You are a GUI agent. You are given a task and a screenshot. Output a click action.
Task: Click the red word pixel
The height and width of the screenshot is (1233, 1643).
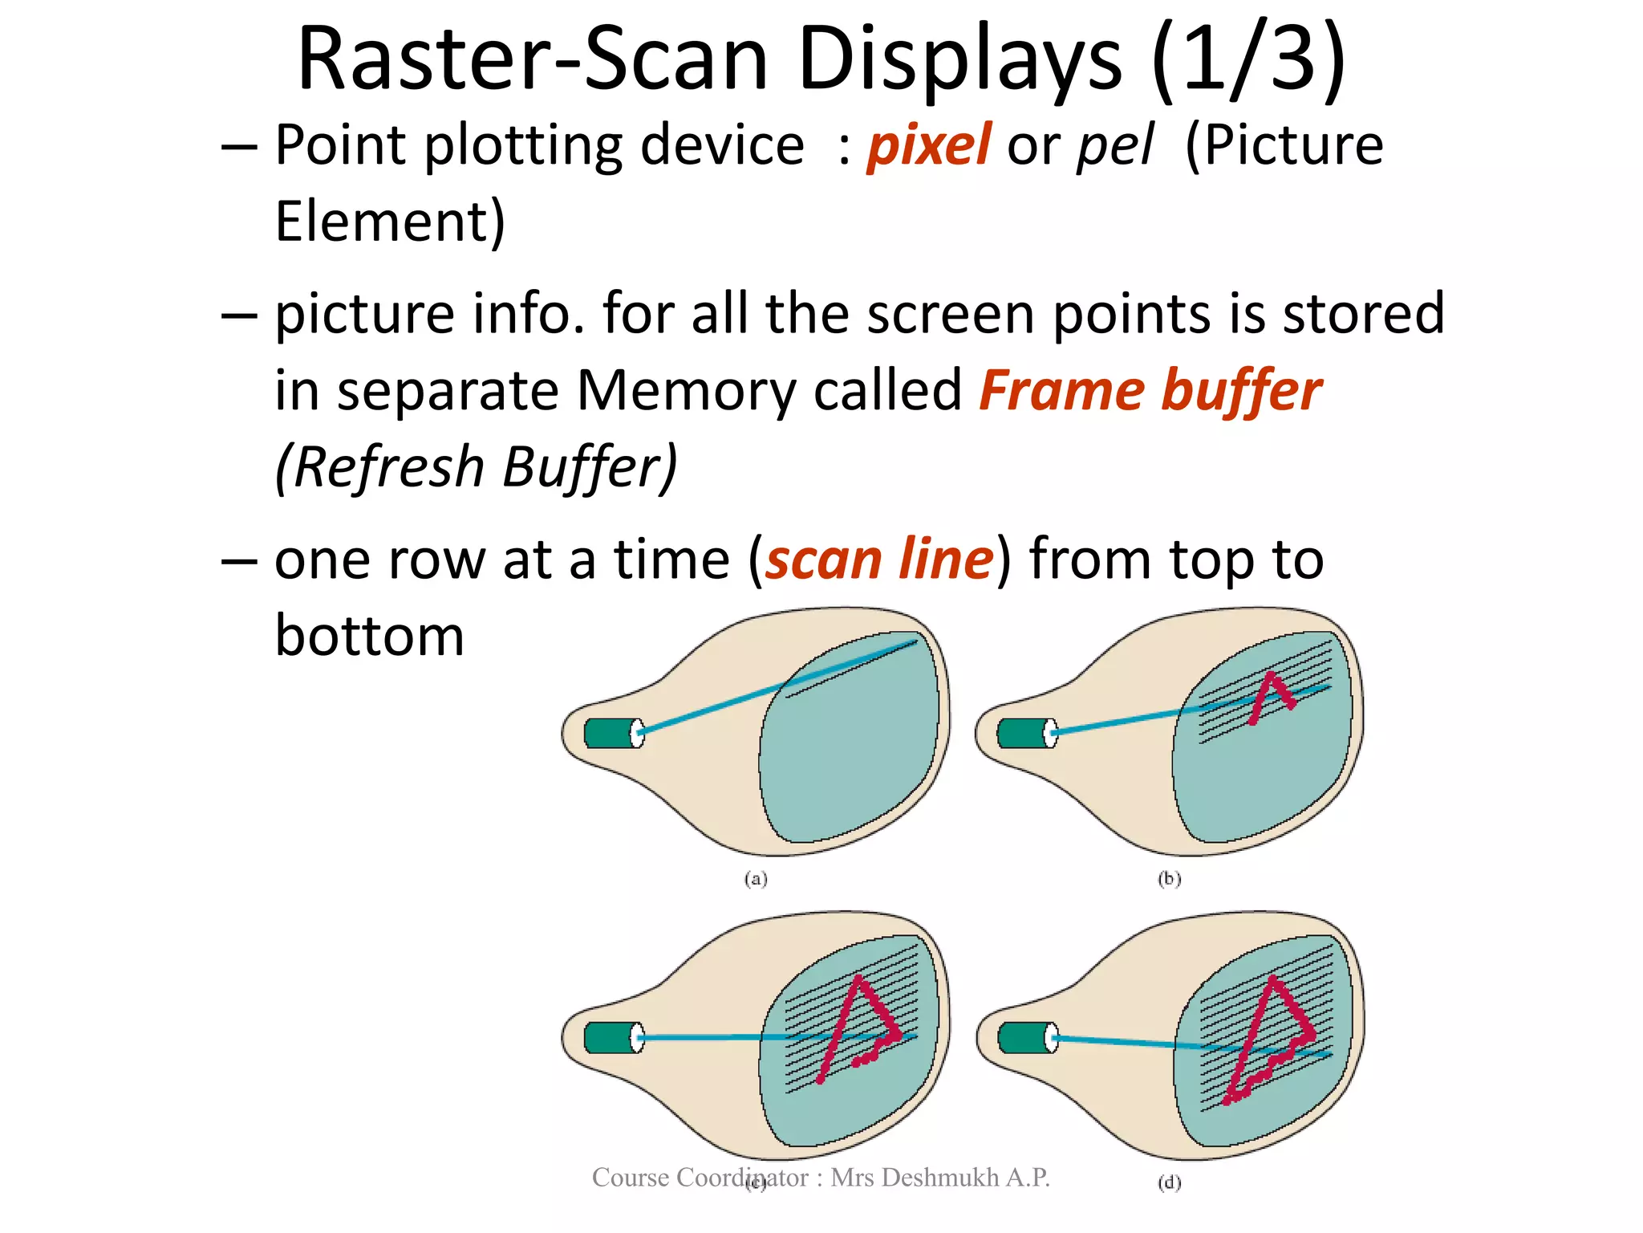click(x=929, y=145)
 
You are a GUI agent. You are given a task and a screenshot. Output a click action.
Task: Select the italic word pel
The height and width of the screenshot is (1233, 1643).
click(x=1115, y=145)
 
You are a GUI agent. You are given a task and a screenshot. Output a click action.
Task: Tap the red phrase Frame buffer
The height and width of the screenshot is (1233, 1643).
click(x=1150, y=391)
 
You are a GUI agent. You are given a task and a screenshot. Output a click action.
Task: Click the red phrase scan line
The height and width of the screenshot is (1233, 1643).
click(x=879, y=559)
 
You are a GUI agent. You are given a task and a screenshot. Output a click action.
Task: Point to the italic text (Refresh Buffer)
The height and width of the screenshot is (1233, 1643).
click(x=476, y=467)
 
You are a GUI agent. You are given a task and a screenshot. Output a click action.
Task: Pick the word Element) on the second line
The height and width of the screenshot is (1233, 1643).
click(x=390, y=222)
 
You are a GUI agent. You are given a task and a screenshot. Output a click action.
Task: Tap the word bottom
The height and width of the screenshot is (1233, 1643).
click(x=369, y=636)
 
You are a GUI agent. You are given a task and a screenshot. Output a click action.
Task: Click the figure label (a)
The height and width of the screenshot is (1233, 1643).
click(x=756, y=879)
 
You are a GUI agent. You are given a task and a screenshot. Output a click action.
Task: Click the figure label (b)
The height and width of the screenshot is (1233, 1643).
click(x=1170, y=879)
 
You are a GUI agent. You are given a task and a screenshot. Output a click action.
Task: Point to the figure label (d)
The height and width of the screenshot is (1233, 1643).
click(x=1170, y=1182)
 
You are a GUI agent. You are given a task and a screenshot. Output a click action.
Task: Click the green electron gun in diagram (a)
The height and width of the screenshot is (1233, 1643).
click(x=610, y=733)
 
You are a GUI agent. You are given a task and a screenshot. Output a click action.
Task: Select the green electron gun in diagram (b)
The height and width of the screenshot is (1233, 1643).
click(x=1023, y=733)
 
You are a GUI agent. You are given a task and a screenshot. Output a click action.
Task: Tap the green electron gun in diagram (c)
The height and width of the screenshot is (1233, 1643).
click(x=610, y=1037)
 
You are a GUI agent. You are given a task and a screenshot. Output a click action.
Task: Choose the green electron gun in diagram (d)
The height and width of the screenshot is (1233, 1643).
click(x=1024, y=1037)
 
